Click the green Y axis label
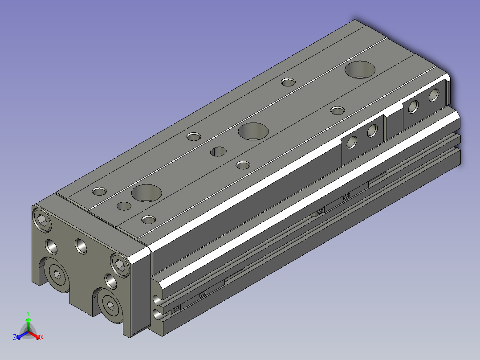coord(28,313)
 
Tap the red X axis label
coord(42,337)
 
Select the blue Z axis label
coord(15,337)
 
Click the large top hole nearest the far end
coord(360,70)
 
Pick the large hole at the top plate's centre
coord(253,131)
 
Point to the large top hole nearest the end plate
coord(146,193)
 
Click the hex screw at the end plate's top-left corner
coord(42,220)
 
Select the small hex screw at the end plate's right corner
coord(120,265)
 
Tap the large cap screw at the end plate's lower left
coord(57,274)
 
